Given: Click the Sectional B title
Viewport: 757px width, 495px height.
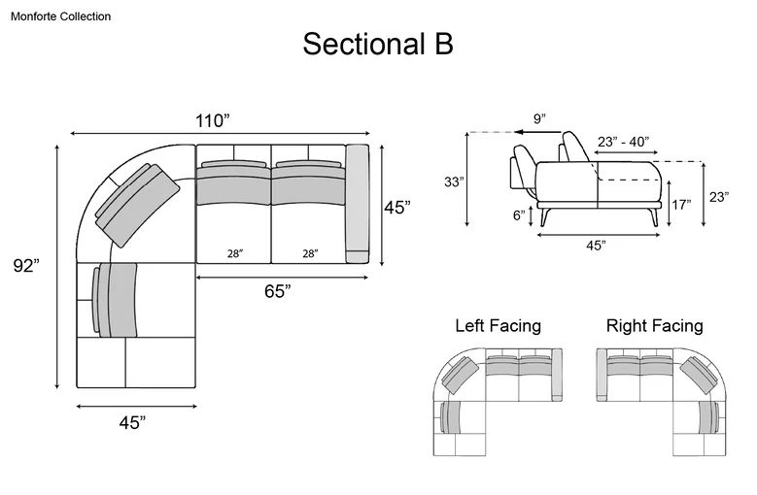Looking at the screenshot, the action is coord(378,44).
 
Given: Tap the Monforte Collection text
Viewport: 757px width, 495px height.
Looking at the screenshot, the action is coord(61,16).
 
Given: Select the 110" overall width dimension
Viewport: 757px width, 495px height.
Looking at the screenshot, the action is coord(212,120).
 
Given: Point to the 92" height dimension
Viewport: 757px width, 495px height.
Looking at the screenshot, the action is coord(26,266).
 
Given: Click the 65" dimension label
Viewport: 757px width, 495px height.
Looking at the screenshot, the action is coord(278,291).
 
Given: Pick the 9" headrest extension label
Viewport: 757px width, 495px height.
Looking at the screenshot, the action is coord(539,118).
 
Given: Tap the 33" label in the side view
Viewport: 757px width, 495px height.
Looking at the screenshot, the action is coord(454,181).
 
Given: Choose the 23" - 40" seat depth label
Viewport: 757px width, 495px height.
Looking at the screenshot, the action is coord(623,142).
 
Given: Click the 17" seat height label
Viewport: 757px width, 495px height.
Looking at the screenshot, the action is coord(681,205).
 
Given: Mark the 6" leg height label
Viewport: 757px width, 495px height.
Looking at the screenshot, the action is coord(519,214).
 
